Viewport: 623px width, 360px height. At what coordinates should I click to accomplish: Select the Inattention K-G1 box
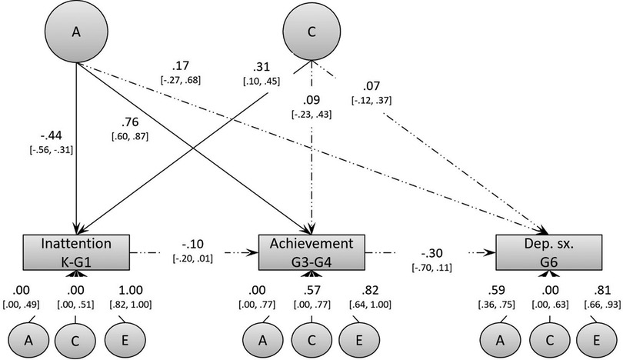click(x=75, y=252)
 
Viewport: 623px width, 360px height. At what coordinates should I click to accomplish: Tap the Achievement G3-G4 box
click(x=311, y=252)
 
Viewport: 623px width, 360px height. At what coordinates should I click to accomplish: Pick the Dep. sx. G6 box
click(x=547, y=252)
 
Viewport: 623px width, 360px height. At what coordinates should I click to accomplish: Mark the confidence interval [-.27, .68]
click(x=180, y=80)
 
